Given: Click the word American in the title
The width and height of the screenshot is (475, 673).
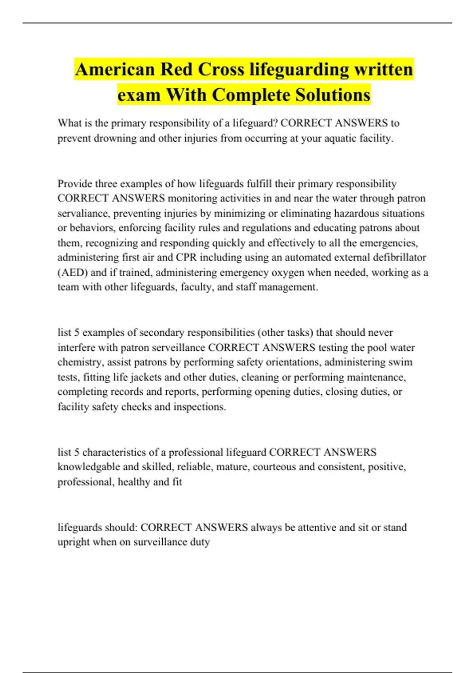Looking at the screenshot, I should [115, 70].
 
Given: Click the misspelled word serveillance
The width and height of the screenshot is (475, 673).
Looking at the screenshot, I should [179, 348].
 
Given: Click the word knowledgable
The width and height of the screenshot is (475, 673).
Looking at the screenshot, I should [89, 467].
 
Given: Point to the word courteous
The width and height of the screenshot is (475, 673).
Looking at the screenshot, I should [274, 467].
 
